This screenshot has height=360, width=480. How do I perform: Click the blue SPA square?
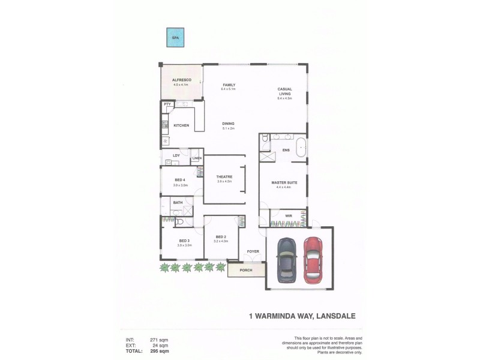tap(176, 38)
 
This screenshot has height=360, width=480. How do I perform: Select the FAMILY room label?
tap(228, 85)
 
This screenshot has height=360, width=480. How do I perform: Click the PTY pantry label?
tap(167, 104)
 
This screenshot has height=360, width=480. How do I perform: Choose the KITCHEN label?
tap(181, 125)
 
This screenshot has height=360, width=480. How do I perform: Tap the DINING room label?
tap(228, 124)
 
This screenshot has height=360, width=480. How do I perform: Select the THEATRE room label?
tap(224, 176)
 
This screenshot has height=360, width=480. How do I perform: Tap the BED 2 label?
tap(221, 237)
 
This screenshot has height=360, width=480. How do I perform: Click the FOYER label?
tap(253, 253)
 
